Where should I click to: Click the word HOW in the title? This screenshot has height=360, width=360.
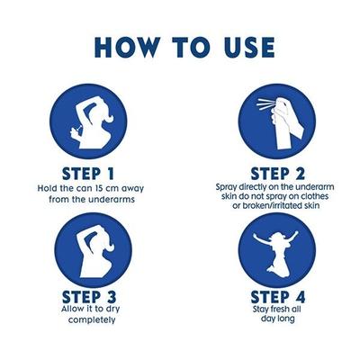127,47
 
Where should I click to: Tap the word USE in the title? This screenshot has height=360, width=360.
249,47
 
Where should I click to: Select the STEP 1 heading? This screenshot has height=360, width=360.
88,174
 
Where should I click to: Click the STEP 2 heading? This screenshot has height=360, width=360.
277,174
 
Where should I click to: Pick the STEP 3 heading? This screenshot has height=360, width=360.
89,297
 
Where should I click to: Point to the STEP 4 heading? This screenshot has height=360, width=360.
278,296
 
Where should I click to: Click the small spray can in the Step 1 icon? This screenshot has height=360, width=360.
76,130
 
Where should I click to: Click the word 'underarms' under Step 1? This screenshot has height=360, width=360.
112,199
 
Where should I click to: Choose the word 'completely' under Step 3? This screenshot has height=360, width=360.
92,319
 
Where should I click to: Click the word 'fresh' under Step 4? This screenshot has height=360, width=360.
277,309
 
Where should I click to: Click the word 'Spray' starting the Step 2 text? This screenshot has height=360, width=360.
226,187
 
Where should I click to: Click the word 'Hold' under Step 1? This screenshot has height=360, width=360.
46,189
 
